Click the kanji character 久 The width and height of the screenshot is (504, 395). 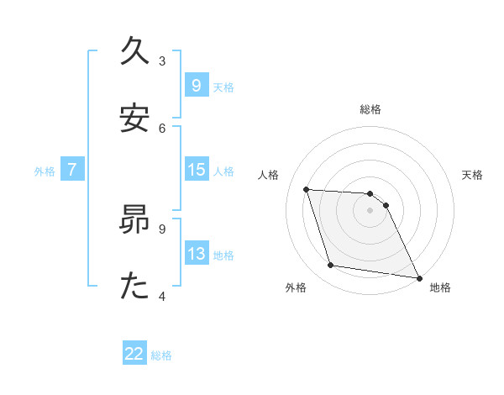134,53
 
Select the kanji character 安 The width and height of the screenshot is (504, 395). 134,119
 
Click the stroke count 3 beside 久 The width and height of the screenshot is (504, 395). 162,61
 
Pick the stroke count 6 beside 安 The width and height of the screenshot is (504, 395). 162,128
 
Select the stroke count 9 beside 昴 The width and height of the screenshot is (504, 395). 162,228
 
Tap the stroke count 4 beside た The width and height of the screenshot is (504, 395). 162,295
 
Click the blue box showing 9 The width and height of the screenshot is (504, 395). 196,85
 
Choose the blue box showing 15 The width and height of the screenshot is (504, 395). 196,170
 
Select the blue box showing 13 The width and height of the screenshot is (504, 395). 196,254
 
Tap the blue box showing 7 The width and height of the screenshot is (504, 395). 72,170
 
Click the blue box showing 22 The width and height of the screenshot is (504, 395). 134,354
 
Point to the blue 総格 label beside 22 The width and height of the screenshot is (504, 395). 161,355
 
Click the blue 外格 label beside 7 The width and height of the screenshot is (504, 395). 45,171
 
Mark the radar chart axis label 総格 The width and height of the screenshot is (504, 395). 370,109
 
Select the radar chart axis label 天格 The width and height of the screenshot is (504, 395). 472,175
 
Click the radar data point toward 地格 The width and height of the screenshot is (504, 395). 417,277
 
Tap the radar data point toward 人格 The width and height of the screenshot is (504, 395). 307,189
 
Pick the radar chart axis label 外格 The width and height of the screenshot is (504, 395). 296,288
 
